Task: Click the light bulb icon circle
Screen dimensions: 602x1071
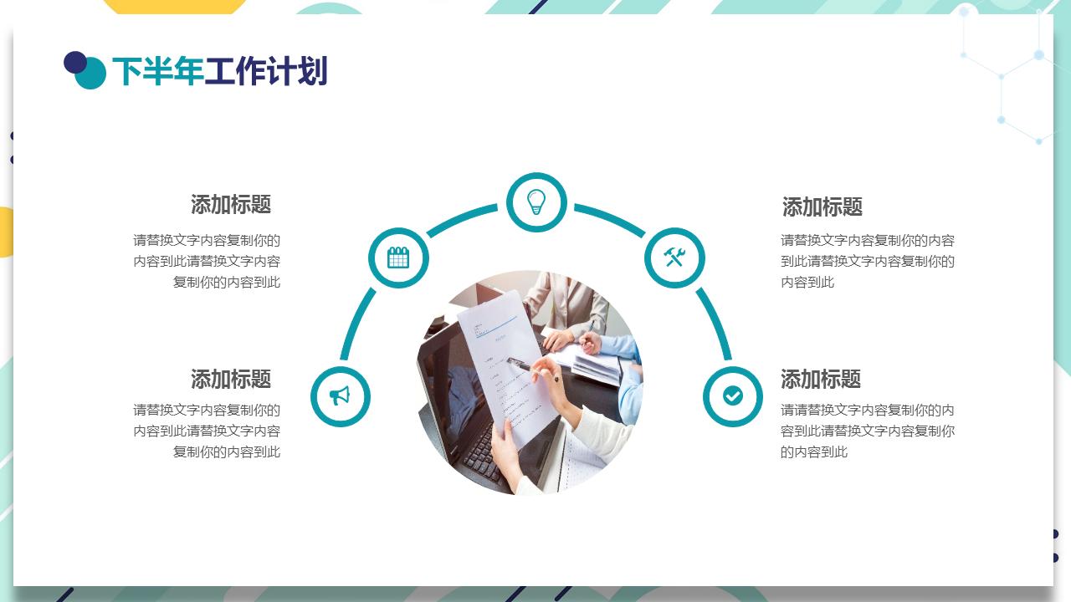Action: click(x=536, y=202)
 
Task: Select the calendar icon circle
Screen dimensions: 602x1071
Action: click(x=398, y=258)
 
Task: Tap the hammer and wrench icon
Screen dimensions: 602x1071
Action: click(x=674, y=258)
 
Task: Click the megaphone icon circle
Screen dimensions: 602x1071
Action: click(x=340, y=395)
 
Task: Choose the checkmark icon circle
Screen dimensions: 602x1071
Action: click(x=733, y=395)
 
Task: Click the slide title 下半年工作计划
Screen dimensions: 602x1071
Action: click(x=219, y=72)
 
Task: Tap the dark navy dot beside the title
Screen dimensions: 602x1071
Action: click(x=75, y=63)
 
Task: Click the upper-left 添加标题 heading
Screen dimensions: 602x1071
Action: click(x=231, y=205)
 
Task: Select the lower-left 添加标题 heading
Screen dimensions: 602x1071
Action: click(x=231, y=379)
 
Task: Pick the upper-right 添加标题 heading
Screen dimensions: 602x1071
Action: click(x=822, y=207)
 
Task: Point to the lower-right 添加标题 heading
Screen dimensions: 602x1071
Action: click(x=820, y=379)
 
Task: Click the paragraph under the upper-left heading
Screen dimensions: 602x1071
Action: click(x=208, y=261)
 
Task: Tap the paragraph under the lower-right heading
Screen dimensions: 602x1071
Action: click(x=867, y=431)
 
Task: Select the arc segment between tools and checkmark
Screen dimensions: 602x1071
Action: click(x=715, y=321)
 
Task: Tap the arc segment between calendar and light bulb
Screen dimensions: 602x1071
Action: click(x=461, y=219)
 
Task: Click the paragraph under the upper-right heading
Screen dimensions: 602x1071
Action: click(x=867, y=261)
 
